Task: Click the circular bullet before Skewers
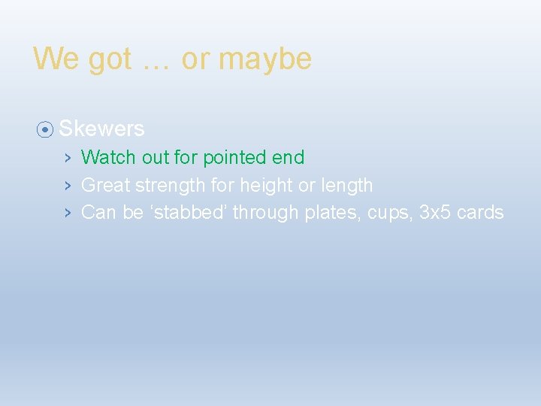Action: pyautogui.click(x=45, y=129)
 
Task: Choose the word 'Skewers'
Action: pyautogui.click(x=101, y=129)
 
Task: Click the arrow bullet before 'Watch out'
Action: pyautogui.click(x=67, y=158)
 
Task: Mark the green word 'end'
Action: pyautogui.click(x=288, y=158)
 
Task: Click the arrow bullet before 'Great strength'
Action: pyautogui.click(x=67, y=185)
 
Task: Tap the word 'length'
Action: pyautogui.click(x=346, y=185)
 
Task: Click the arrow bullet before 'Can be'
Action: pyautogui.click(x=67, y=213)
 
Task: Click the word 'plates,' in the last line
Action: pyautogui.click(x=330, y=213)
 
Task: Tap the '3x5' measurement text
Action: pyautogui.click(x=435, y=213)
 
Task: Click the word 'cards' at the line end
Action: pyautogui.click(x=480, y=213)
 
